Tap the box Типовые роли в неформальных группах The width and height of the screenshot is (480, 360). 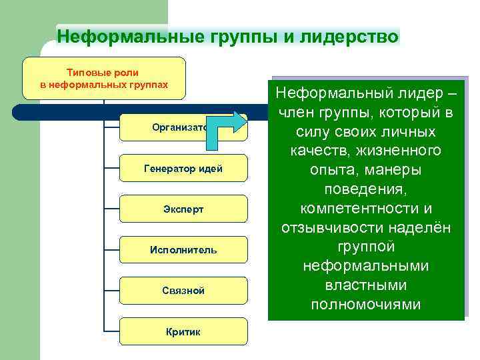(104, 79)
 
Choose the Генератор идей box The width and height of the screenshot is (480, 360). (183, 169)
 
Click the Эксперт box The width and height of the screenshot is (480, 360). (183, 209)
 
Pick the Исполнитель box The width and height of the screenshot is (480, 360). (183, 250)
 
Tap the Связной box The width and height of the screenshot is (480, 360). (183, 291)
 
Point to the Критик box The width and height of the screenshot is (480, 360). (183, 331)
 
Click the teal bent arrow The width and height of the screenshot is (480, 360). (223, 131)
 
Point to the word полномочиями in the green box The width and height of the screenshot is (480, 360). (366, 305)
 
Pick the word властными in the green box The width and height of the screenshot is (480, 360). (366, 285)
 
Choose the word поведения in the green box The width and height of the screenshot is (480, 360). (366, 189)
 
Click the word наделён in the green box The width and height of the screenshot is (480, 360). (423, 228)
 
